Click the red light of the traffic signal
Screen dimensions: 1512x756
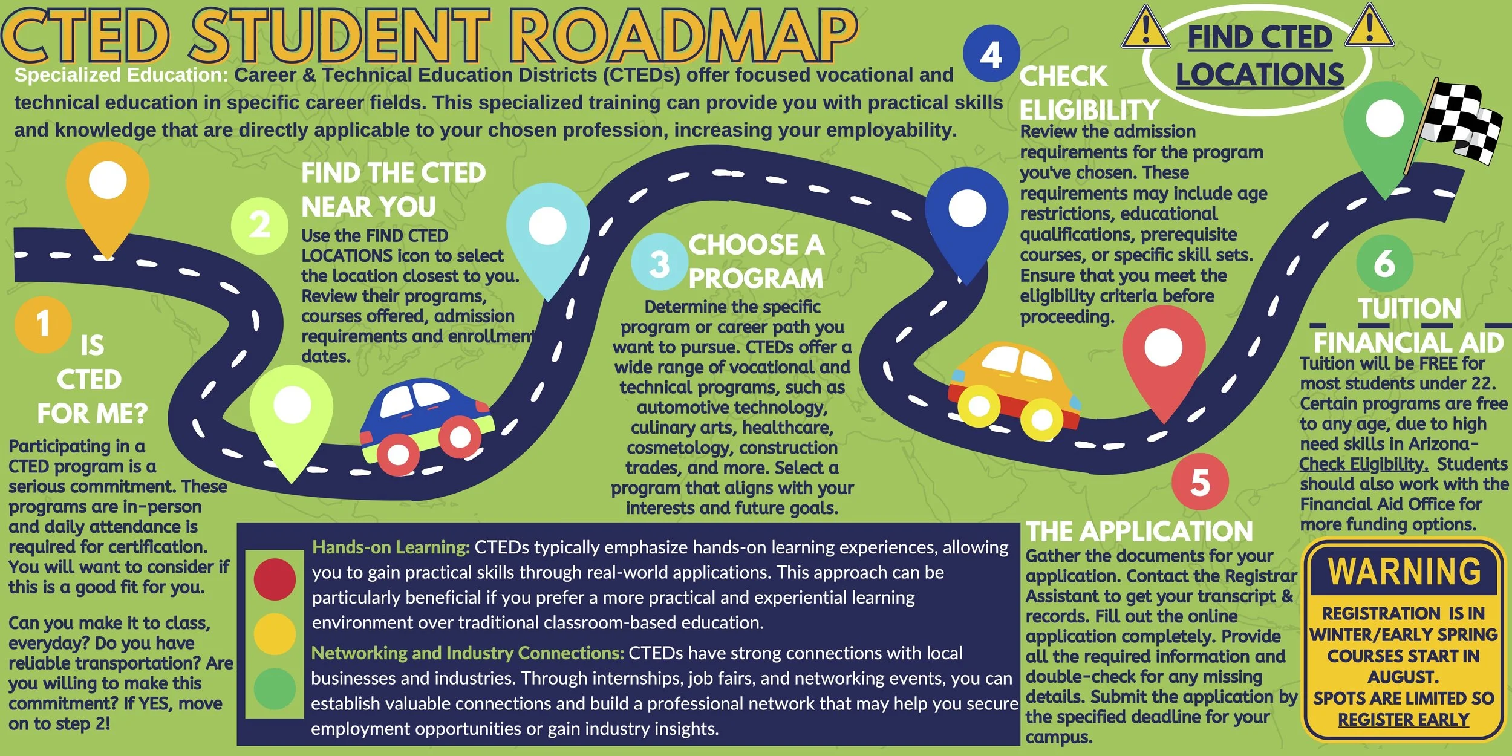pos(275,579)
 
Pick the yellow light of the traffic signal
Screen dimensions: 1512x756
pos(275,634)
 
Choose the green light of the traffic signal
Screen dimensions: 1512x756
pos(275,688)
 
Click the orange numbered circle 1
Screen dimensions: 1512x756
pos(43,324)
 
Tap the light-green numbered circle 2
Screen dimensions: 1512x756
pos(259,226)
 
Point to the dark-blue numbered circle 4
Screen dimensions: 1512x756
pos(991,54)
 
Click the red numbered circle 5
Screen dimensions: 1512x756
pos(1200,483)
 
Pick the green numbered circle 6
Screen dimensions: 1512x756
pos(1384,263)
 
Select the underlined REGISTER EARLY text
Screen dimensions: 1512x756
pos(1403,720)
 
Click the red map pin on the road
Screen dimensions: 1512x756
pos(1163,357)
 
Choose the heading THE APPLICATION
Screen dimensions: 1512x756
pos(1139,532)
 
